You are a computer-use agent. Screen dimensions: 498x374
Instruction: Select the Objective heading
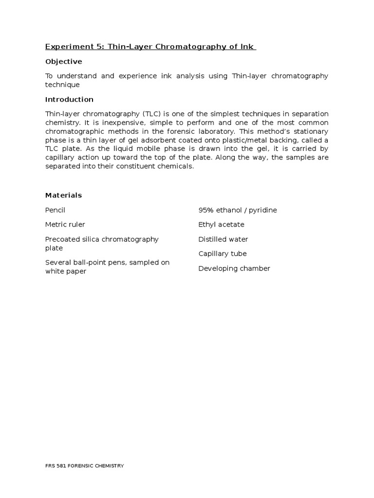tap(63, 62)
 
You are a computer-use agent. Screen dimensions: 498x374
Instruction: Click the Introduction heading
tap(69, 100)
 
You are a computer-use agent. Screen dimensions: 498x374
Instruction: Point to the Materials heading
tap(63, 196)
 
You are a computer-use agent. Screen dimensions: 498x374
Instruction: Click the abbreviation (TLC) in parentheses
tap(152, 114)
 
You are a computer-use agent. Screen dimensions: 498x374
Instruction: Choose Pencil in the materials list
tap(55, 210)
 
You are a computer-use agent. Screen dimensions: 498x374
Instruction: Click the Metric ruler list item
tap(65, 225)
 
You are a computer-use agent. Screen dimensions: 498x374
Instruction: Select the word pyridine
tap(262, 210)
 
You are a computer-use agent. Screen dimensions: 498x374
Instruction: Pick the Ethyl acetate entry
tap(221, 225)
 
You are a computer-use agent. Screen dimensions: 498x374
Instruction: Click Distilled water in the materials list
tap(223, 239)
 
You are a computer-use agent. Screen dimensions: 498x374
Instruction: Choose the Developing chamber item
tap(234, 268)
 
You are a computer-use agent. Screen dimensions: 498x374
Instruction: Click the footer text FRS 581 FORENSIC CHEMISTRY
tap(84, 466)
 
